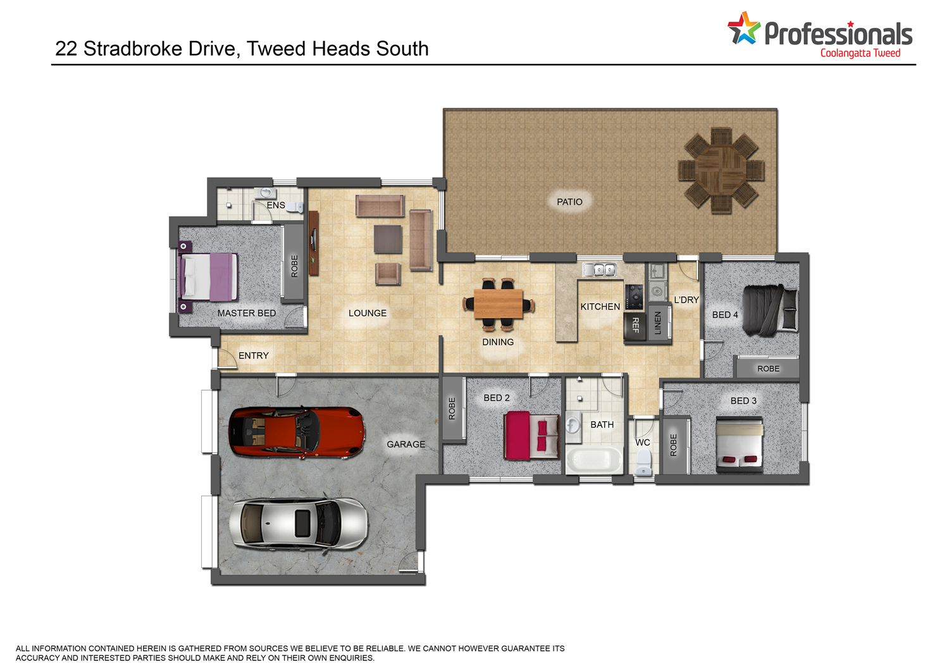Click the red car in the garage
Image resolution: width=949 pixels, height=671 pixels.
click(297, 433)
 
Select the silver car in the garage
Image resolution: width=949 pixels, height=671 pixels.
click(299, 524)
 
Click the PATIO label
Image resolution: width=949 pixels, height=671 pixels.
click(569, 202)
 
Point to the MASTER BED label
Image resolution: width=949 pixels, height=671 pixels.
click(247, 313)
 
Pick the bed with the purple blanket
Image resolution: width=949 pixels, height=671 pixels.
click(208, 276)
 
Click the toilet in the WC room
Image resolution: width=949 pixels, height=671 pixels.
click(644, 462)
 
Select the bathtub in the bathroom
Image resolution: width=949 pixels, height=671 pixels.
click(594, 460)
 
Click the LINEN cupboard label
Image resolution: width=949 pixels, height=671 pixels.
click(657, 323)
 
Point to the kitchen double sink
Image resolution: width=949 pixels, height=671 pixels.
click(599, 269)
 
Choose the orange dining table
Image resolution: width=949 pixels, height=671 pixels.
click(499, 304)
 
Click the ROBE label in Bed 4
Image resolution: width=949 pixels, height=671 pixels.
click(768, 369)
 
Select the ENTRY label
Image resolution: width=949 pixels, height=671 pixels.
click(253, 355)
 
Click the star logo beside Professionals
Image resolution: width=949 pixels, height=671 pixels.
click(744, 28)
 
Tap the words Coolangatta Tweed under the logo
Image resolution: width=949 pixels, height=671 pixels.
click(860, 53)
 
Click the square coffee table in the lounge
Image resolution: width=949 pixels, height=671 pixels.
click(388, 239)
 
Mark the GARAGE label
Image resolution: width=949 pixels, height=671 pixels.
click(406, 445)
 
